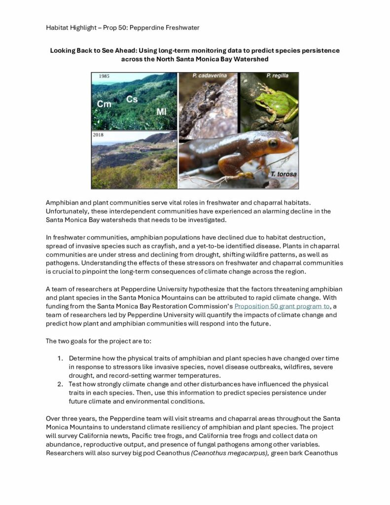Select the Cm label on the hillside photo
pyautogui.click(x=104, y=104)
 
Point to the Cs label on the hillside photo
pyautogui.click(x=132, y=99)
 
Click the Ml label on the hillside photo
pyautogui.click(x=162, y=111)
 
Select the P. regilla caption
pyautogui.click(x=277, y=76)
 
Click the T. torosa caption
pyautogui.click(x=282, y=174)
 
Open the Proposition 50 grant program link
pyautogui.click(x=282, y=306)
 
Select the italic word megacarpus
pyautogui.click(x=245, y=453)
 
